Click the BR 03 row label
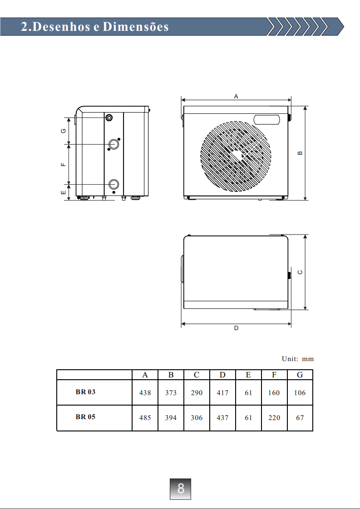(85, 392)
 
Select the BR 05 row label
(85, 417)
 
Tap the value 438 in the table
(145, 393)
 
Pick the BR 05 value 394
(171, 418)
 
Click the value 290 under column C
(197, 393)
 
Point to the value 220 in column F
(274, 418)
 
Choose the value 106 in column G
(300, 393)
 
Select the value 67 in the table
(300, 418)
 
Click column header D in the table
(222, 375)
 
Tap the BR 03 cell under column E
(248, 393)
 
